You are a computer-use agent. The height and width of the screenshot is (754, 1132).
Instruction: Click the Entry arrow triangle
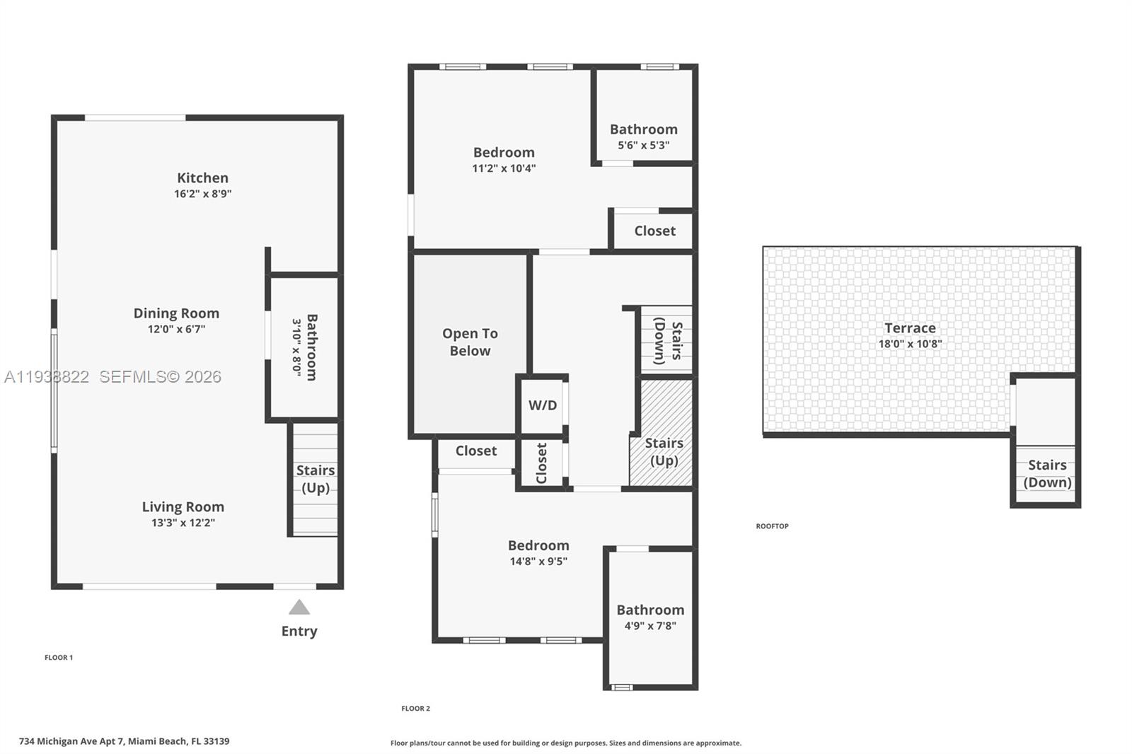tap(299, 608)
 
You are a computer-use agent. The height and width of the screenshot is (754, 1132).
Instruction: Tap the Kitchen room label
tap(202, 178)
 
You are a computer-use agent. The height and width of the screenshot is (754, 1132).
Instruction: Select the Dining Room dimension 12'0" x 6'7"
tap(176, 329)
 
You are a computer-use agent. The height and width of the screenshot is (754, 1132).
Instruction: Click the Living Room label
tap(183, 506)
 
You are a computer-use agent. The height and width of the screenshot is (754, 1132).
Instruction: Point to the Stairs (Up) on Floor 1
tap(316, 479)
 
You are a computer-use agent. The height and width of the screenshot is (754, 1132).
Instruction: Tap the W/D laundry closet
tap(543, 405)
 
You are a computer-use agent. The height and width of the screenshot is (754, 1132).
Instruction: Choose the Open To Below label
tap(470, 342)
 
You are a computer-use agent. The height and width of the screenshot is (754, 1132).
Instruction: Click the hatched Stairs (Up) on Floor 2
tap(664, 451)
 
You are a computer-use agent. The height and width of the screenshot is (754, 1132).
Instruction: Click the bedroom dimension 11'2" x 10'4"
tap(504, 168)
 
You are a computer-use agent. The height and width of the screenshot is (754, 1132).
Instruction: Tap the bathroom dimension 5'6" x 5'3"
tap(643, 145)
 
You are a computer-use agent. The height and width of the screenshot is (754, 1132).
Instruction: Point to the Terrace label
tap(910, 327)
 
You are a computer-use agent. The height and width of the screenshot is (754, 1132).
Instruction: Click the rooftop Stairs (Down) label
tap(1047, 473)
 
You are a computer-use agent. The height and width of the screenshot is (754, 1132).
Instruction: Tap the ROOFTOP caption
tap(772, 526)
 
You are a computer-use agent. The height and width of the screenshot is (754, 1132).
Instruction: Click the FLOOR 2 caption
tap(415, 708)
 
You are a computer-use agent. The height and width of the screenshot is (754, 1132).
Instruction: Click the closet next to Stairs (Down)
tap(654, 231)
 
